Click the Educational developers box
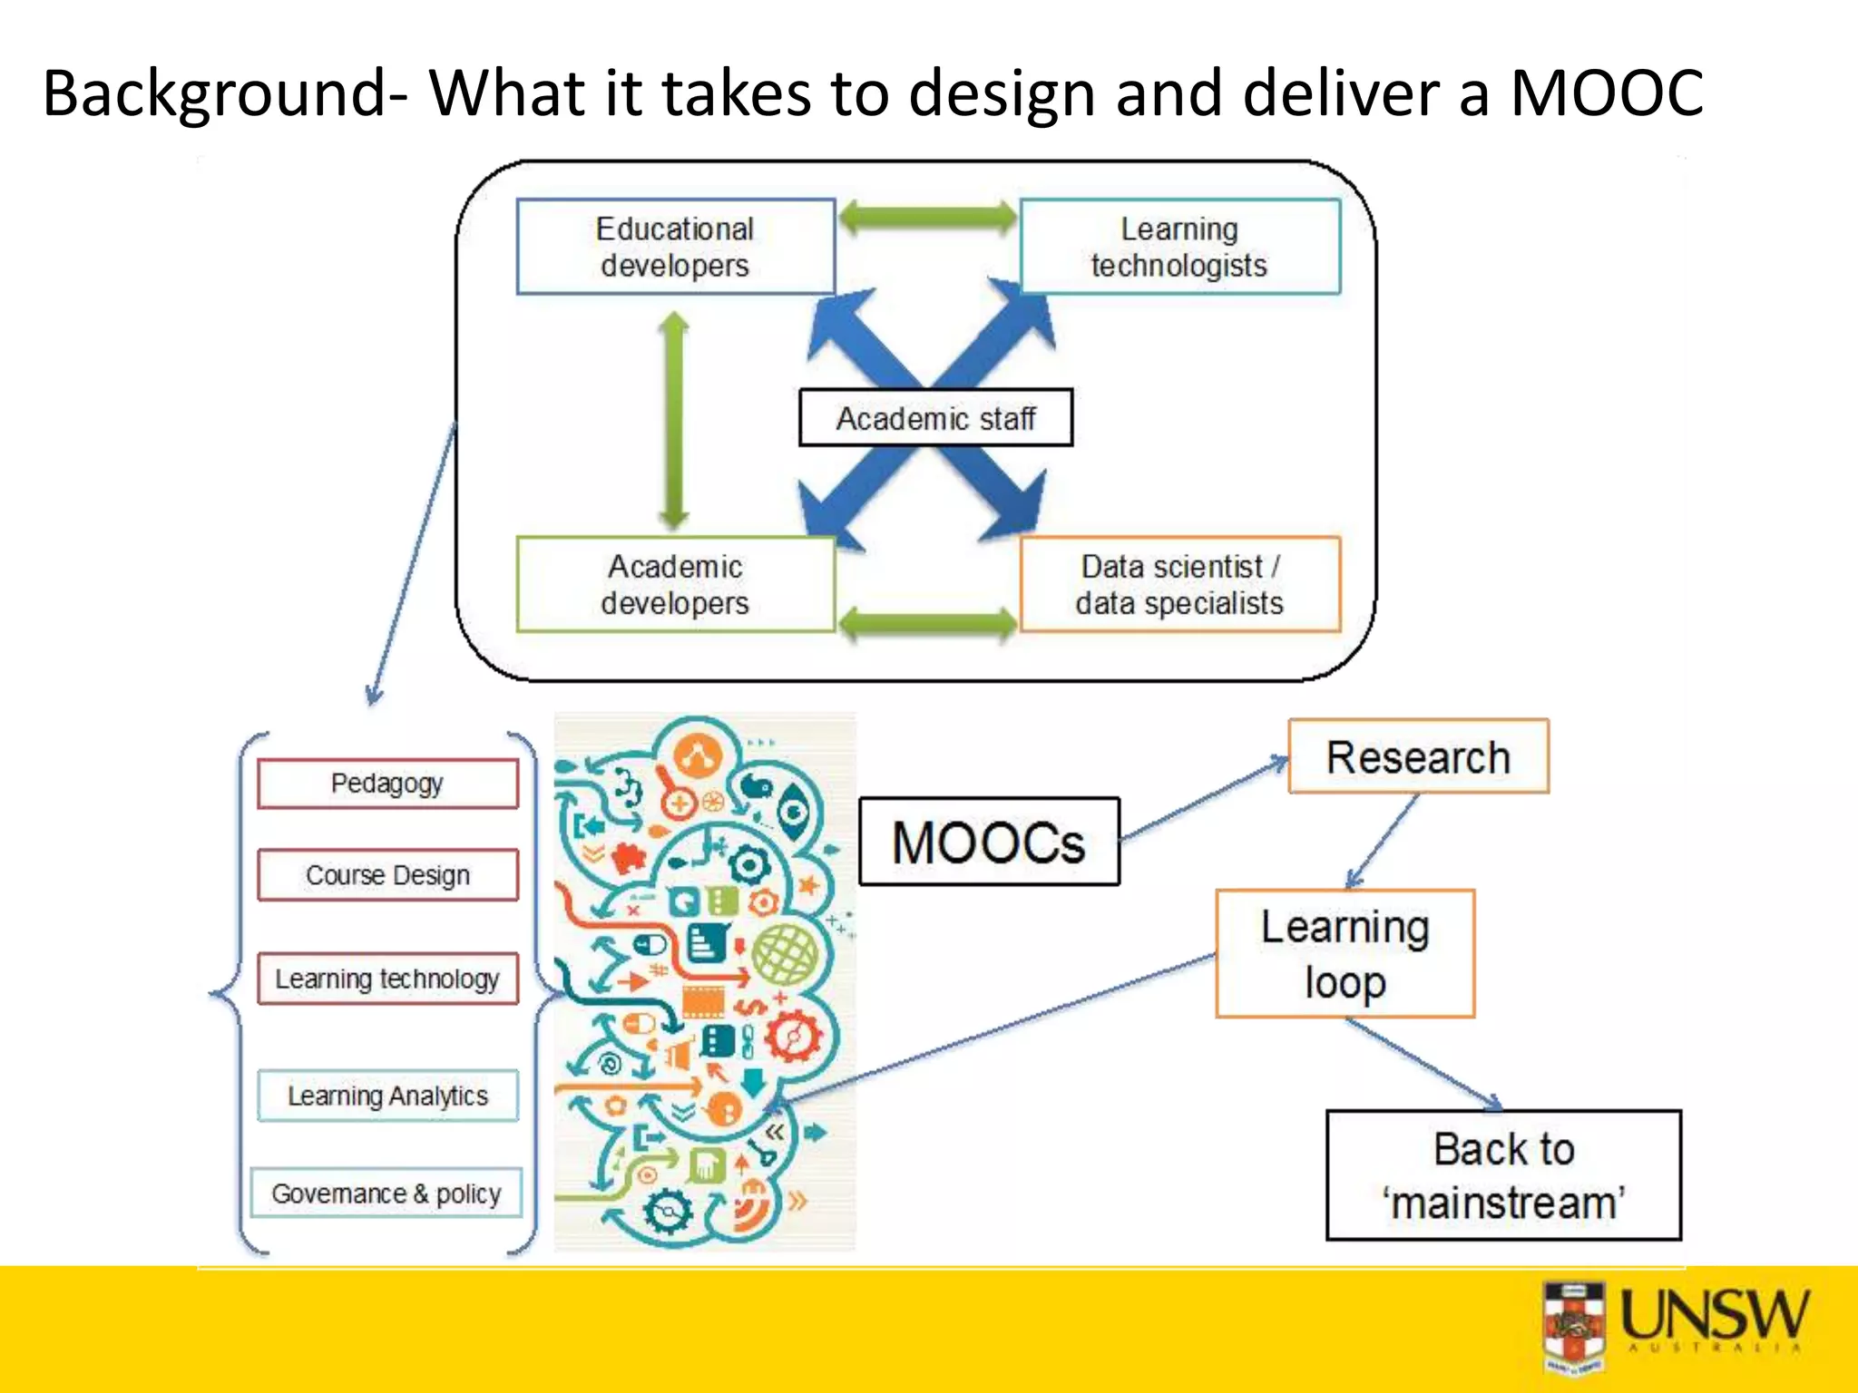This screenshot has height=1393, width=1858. (x=675, y=247)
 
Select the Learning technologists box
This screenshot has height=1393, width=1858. (x=1179, y=247)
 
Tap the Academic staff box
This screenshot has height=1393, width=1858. (x=935, y=418)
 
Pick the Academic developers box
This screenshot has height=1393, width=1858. (x=675, y=584)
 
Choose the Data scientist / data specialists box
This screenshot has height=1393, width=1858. (x=1179, y=584)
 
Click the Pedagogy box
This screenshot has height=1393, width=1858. (x=387, y=784)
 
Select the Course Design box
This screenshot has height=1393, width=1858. (x=387, y=875)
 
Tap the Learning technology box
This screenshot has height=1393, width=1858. (x=387, y=979)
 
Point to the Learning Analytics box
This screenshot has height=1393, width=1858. (x=387, y=1096)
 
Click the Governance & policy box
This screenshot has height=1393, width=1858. (x=386, y=1193)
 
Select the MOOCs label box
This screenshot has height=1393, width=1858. (x=989, y=842)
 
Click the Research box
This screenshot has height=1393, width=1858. (x=1418, y=757)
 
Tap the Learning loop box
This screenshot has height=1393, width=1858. (x=1345, y=953)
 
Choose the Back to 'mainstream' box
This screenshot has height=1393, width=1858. (x=1503, y=1175)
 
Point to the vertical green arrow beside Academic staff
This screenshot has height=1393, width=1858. (x=673, y=419)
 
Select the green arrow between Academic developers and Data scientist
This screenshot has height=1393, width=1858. (x=927, y=623)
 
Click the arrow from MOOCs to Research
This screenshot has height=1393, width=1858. (x=1204, y=799)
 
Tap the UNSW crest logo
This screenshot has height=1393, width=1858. (x=1575, y=1326)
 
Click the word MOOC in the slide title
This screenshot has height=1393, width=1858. (x=1606, y=93)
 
